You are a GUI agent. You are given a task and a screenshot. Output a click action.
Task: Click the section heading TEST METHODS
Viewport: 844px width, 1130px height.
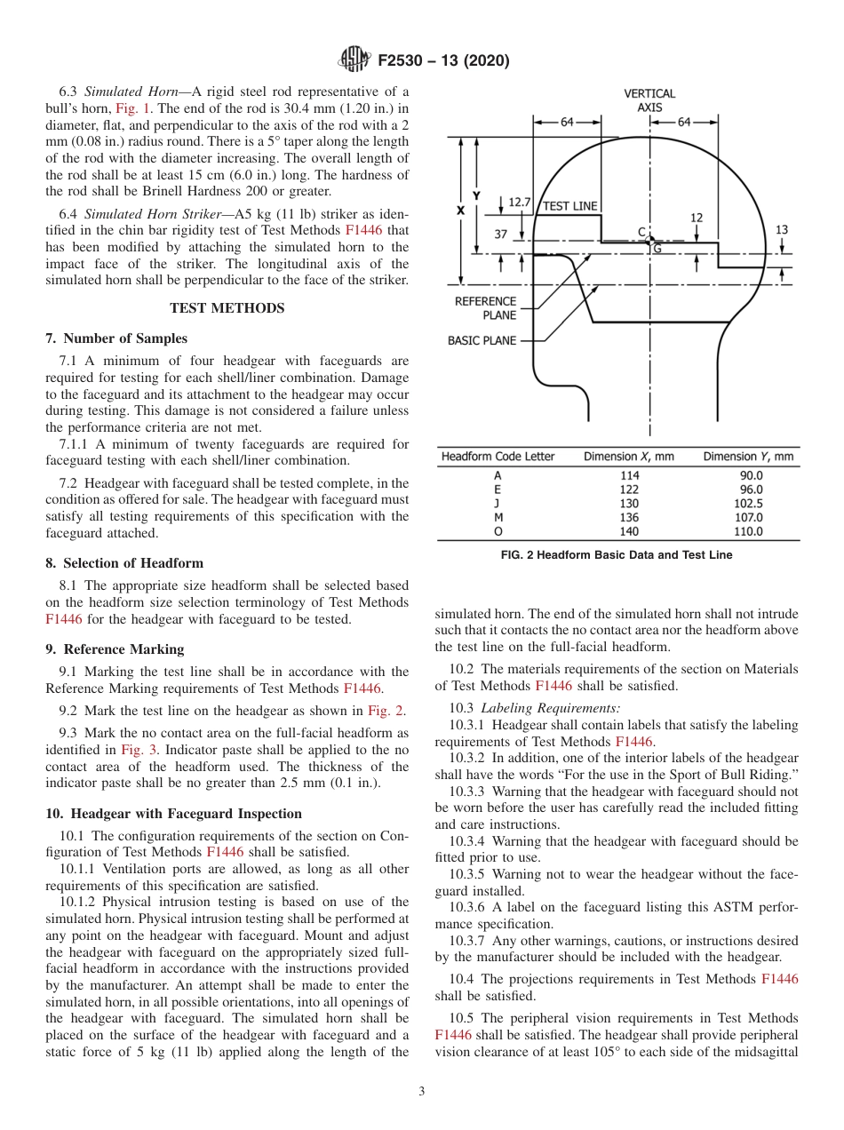coord(227,308)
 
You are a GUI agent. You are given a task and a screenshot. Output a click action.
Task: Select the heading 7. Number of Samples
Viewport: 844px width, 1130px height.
coord(116,338)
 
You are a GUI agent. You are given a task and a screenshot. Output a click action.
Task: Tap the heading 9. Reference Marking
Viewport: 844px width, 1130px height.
coord(115,649)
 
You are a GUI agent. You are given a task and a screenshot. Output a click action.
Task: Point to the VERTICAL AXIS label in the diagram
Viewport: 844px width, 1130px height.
coord(649,99)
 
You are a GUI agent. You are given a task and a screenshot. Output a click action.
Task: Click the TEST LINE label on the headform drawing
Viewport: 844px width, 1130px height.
coord(570,206)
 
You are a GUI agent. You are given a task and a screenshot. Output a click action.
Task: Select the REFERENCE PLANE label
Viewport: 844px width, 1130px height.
coord(485,308)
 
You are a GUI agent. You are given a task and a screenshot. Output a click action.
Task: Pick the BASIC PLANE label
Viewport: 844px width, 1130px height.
coord(482,340)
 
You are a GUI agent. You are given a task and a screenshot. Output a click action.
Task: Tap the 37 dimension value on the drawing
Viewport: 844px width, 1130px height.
coord(501,235)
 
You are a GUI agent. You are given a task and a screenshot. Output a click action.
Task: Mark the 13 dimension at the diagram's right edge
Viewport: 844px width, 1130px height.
coord(782,229)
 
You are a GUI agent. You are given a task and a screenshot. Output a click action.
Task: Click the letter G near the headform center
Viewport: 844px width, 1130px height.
coord(657,249)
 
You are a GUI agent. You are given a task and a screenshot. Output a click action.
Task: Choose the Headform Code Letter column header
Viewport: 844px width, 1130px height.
coord(498,457)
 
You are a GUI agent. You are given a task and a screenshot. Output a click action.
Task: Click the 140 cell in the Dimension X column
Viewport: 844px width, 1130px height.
coord(629,531)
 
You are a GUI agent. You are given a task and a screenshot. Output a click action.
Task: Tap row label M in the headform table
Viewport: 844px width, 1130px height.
coord(498,517)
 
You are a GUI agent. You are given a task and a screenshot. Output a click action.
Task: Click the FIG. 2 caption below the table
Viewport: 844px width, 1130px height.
coord(617,555)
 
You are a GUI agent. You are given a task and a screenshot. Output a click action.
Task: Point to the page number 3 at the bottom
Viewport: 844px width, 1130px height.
coord(421,1092)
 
